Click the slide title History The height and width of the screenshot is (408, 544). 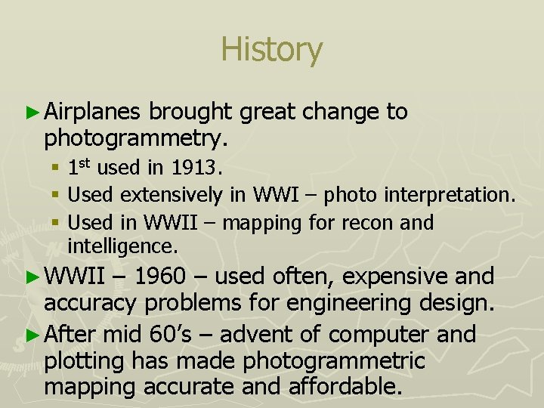tap(271, 50)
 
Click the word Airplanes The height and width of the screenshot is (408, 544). tap(92, 113)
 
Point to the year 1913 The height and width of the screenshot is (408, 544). tap(198, 167)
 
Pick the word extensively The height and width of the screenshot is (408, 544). tap(172, 195)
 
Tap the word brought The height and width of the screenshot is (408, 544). tap(190, 113)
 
